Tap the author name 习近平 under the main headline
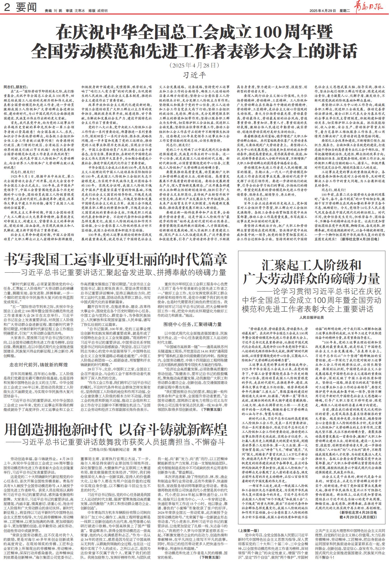pos(195,75)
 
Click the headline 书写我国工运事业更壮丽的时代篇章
pos(115,259)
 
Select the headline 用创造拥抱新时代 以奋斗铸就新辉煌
pos(115,430)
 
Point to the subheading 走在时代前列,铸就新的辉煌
pos(39,365)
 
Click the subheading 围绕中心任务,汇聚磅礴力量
pos(192,324)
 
